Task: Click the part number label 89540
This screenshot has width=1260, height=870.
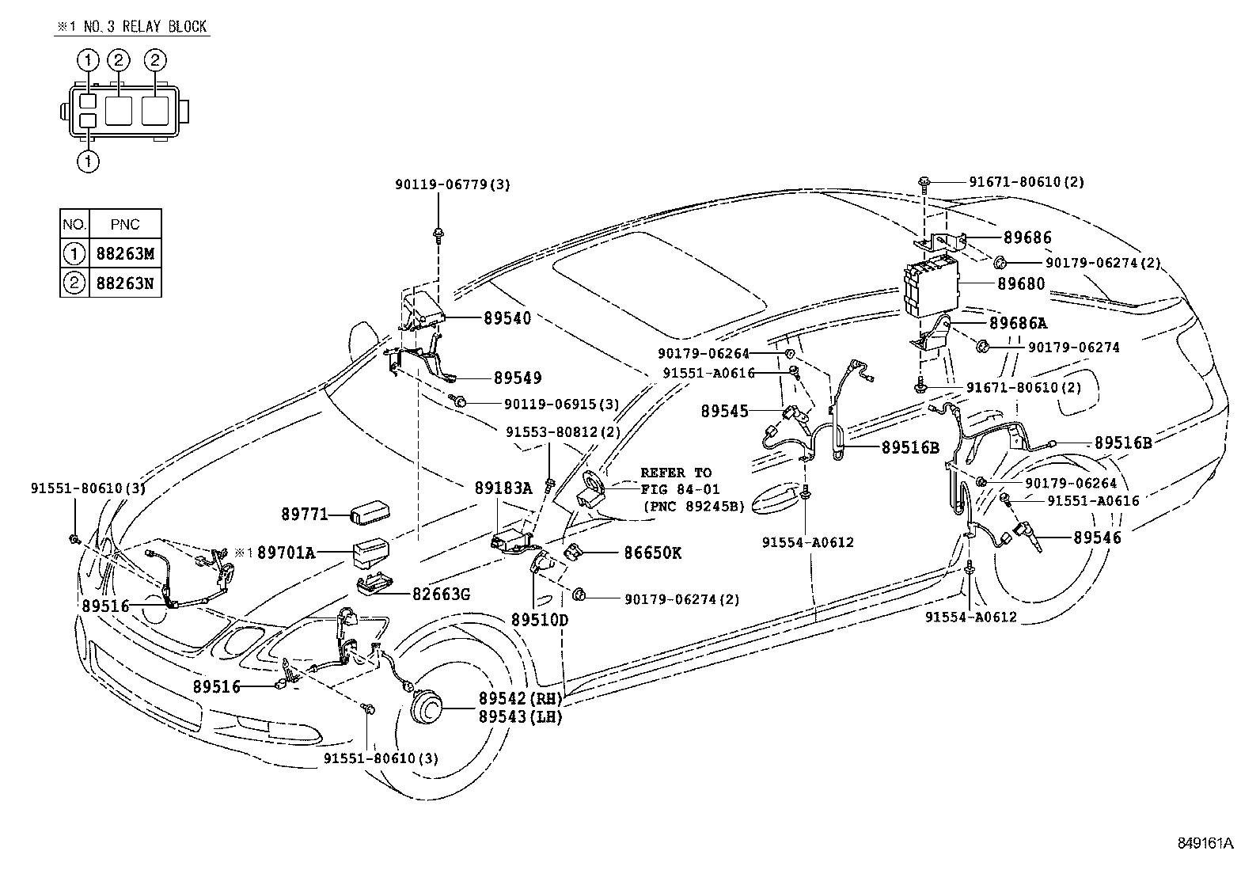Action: pyautogui.click(x=507, y=318)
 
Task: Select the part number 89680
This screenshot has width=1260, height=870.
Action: pyautogui.click(x=1021, y=283)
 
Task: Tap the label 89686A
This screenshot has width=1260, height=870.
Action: pyautogui.click(x=1018, y=323)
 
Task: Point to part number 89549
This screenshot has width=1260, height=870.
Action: pyautogui.click(x=518, y=378)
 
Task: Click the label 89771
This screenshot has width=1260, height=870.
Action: pyautogui.click(x=304, y=514)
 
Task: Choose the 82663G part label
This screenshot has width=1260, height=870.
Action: pyautogui.click(x=441, y=595)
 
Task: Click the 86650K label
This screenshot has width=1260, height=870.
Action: pyautogui.click(x=652, y=553)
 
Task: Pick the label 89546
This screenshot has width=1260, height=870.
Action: pyautogui.click(x=1097, y=538)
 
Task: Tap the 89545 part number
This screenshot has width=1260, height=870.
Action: pyautogui.click(x=724, y=412)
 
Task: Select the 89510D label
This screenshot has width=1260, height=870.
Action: pyautogui.click(x=540, y=620)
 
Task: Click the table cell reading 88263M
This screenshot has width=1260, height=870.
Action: pyautogui.click(x=125, y=254)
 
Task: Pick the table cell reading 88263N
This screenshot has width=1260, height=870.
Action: pyautogui.click(x=125, y=283)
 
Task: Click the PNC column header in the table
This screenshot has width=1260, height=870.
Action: pyautogui.click(x=125, y=225)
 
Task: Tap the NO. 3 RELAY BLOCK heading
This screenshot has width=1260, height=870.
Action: pyautogui.click(x=145, y=26)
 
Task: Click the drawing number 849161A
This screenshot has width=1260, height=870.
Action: pyautogui.click(x=1205, y=843)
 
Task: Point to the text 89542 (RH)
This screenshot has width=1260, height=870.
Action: pyautogui.click(x=520, y=698)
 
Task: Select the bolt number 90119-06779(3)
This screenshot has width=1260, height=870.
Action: pyautogui.click(x=452, y=184)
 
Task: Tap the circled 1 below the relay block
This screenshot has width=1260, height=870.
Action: pyautogui.click(x=88, y=161)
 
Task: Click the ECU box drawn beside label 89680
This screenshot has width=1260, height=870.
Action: pyautogui.click(x=930, y=284)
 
